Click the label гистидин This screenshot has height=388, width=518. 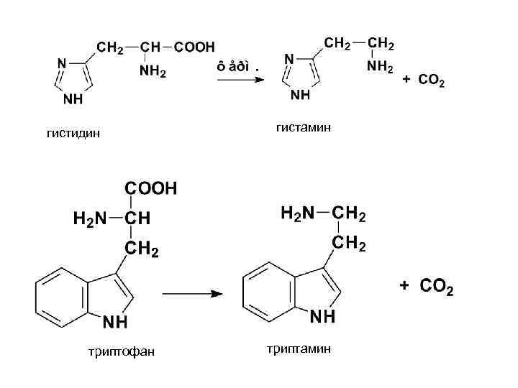click(73, 133)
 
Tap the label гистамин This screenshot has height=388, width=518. click(303, 127)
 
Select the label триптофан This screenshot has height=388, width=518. click(120, 351)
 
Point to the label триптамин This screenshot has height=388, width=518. click(299, 348)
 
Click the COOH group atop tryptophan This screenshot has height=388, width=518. click(151, 188)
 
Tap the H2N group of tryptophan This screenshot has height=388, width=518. click(90, 218)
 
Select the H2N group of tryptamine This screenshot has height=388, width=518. click(297, 213)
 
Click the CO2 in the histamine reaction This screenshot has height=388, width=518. click(432, 81)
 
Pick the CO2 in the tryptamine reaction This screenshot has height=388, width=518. click(437, 287)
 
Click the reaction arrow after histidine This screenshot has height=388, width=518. click(240, 80)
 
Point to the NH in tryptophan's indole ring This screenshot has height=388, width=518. click(117, 322)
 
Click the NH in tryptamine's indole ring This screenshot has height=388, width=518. click(322, 315)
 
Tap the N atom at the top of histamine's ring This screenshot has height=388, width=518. click(288, 58)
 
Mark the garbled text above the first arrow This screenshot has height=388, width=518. click(236, 67)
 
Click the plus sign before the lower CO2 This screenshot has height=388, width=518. click(404, 287)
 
